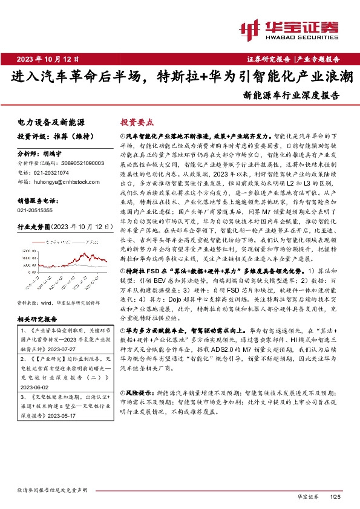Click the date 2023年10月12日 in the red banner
[48, 59]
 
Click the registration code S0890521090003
[80, 163]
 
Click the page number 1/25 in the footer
[336, 497]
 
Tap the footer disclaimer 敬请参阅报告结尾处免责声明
[53, 489]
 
